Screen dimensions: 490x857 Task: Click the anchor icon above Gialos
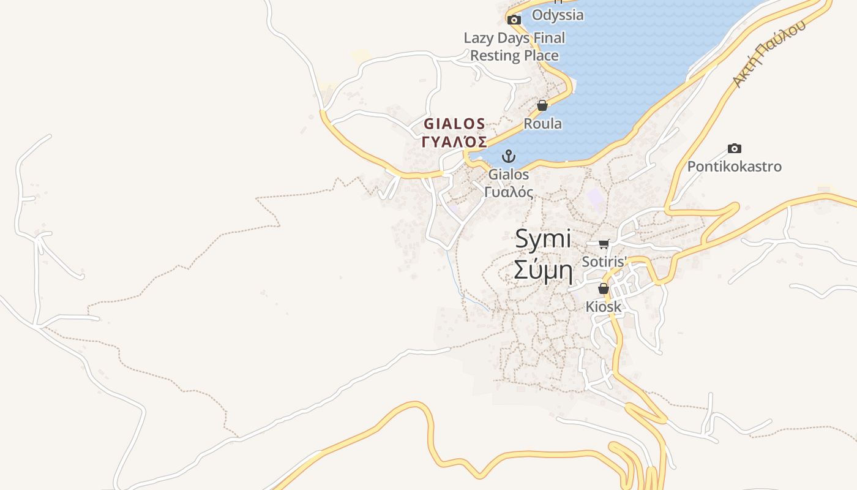[509, 156]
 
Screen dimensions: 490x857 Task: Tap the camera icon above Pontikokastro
[734, 148]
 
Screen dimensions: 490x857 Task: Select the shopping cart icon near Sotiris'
[604, 244]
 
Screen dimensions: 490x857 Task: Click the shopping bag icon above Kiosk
[604, 288]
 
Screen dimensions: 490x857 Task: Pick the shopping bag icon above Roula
[542, 105]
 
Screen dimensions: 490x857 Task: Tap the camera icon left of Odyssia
[514, 20]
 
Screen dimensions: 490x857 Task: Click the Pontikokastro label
[734, 167]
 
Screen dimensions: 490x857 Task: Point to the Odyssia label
[558, 15]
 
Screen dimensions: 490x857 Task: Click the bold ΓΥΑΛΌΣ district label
[455, 142]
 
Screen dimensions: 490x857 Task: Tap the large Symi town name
[543, 239]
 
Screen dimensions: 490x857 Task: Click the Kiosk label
[604, 306]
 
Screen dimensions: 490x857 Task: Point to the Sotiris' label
[605, 262]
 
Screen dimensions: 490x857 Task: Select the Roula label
[542, 123]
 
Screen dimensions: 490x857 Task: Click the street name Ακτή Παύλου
[768, 55]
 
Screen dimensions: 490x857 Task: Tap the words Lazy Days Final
[514, 38]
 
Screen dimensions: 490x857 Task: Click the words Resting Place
[514, 56]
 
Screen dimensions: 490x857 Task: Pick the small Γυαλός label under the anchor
[509, 192]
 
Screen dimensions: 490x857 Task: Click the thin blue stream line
[456, 276]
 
